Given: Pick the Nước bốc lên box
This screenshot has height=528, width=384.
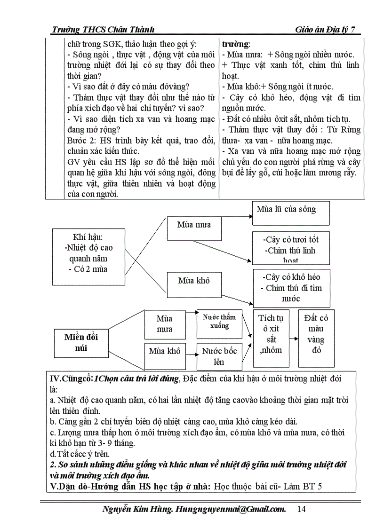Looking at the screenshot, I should (219, 356).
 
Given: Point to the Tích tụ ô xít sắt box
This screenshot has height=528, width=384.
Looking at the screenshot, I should (270, 338).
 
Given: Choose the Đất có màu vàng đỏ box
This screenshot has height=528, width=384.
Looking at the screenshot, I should (316, 338).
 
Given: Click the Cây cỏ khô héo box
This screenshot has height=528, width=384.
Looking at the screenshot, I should (292, 287).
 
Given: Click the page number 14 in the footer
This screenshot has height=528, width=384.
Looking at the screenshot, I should (302, 509).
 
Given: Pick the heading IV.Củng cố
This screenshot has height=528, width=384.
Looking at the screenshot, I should (71, 379).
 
